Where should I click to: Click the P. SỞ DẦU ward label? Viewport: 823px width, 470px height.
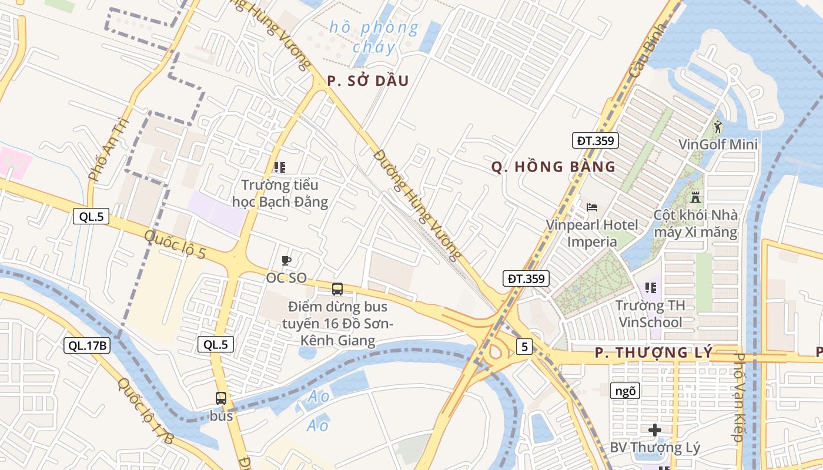(x=367, y=81)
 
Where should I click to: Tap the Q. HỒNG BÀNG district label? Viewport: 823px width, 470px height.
(x=553, y=167)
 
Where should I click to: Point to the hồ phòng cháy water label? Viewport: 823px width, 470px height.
(x=374, y=36)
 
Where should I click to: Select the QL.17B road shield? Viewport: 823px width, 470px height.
(x=87, y=346)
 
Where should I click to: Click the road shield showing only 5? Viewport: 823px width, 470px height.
(x=524, y=347)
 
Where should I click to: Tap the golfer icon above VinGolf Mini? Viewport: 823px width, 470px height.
(x=718, y=126)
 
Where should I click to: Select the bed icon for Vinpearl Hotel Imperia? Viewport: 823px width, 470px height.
(x=592, y=207)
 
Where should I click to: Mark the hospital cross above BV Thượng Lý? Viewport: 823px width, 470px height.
(x=655, y=430)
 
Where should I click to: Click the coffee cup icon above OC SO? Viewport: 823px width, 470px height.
(x=286, y=260)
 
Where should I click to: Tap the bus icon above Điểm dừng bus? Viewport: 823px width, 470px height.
(x=337, y=288)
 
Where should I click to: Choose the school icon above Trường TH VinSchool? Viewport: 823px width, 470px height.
(x=650, y=288)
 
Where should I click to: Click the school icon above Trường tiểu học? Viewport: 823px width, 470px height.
(x=280, y=167)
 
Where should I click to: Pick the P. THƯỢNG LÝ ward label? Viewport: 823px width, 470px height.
(x=653, y=353)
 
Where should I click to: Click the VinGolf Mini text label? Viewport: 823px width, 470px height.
(x=718, y=145)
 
